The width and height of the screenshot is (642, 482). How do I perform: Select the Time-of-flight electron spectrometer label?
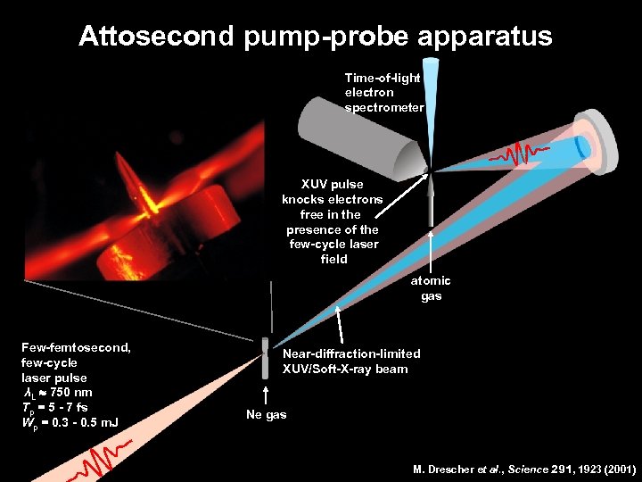(383, 93)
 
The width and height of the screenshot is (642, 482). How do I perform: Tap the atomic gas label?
(431, 288)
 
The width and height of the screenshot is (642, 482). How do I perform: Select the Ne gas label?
(267, 415)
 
